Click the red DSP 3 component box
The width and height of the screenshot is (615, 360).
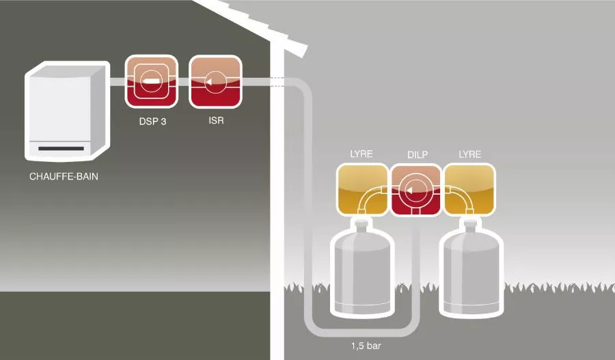coord(151,81)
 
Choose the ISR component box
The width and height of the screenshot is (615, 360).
coord(215,81)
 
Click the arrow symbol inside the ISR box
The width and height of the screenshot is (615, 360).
coord(209,82)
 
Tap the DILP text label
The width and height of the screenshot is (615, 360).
coord(417,155)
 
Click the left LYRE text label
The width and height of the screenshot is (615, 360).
coord(361,154)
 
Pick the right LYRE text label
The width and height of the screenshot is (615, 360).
coord(470,154)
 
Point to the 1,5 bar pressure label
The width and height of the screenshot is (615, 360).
coord(366,346)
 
